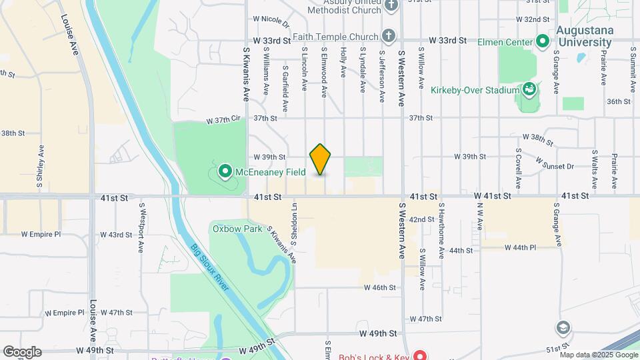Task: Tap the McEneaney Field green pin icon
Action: pos(225,172)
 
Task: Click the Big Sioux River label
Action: pos(210,267)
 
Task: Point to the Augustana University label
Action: pos(590,36)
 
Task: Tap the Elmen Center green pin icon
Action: pos(543,42)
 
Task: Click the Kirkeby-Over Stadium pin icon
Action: pos(529,89)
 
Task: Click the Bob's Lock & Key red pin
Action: pos(419,354)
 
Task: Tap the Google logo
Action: pos(22,352)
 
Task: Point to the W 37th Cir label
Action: pos(223,120)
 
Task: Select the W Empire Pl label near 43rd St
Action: pos(41,235)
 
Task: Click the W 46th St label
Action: pos(380,287)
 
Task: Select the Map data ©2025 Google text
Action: pos(599,354)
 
